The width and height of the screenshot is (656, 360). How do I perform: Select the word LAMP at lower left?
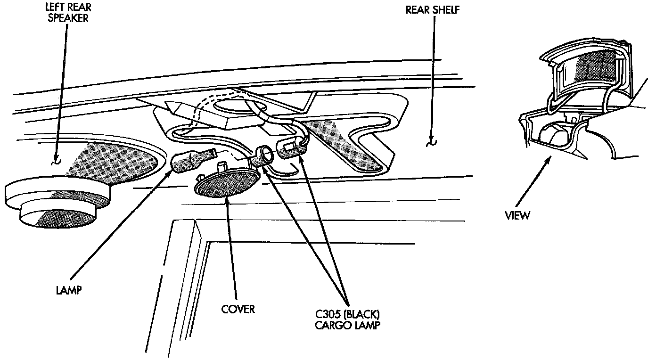point(68,290)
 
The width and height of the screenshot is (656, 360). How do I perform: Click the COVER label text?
point(238,309)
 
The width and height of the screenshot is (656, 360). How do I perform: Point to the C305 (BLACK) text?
point(348,314)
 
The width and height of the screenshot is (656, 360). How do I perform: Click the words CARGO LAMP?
point(348,325)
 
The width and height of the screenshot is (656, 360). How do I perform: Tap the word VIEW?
point(517,216)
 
